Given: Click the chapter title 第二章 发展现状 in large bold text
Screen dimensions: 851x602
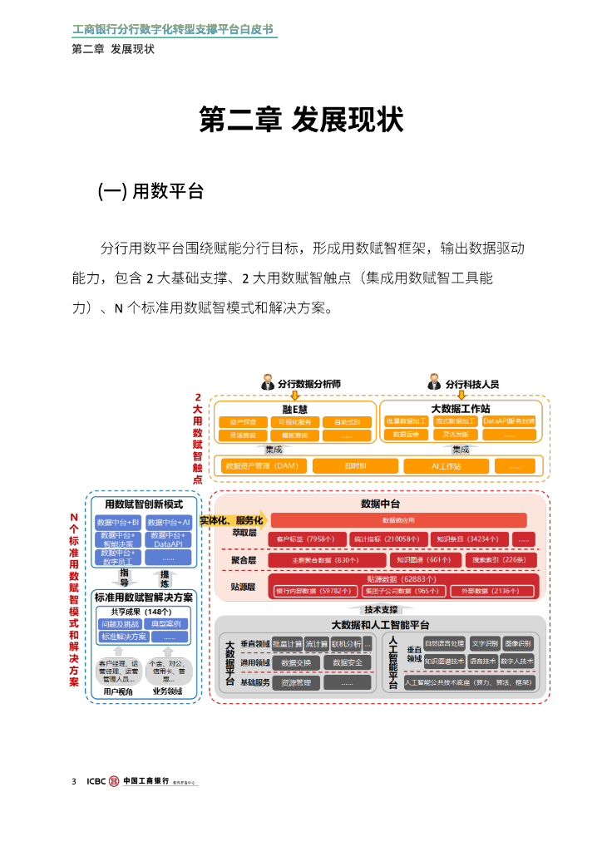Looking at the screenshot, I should pos(301,121).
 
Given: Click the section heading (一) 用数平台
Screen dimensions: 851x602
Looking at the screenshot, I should pos(150,191).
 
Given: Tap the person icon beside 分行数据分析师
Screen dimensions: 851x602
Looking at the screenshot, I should pos(269,382).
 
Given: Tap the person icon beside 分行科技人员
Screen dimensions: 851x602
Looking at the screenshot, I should pos(434,382).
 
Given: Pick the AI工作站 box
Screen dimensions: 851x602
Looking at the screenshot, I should pos(446,466).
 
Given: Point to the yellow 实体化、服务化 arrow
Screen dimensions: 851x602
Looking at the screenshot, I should pos(232,520).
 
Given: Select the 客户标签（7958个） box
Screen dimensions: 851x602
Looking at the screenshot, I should pos(304,539).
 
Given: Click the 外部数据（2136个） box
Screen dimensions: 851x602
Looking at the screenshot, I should pos(496,591).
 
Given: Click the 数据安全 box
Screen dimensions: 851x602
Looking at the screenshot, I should pos(347,662).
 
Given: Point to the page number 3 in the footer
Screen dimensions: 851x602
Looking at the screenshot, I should pos(75,782).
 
